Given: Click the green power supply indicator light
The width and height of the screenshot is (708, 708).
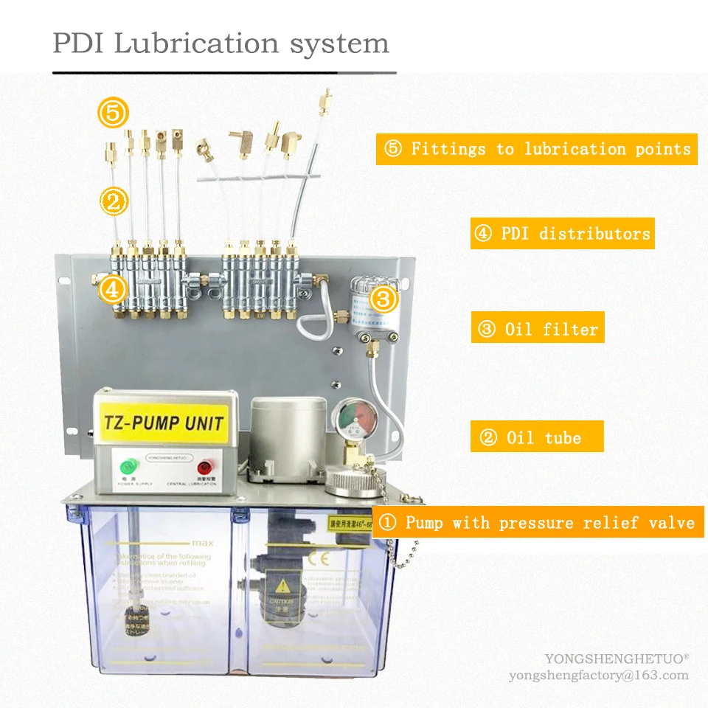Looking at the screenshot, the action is point(128,466).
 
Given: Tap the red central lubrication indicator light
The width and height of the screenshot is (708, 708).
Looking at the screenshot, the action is point(204,467).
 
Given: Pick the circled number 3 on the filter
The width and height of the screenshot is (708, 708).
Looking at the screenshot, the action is point(383,299).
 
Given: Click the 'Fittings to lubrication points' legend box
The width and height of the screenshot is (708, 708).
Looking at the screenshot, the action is point(536,149).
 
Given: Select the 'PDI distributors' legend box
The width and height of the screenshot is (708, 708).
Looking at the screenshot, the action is point(562,234).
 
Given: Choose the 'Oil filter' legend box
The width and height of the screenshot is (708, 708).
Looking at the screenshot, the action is point(538,328).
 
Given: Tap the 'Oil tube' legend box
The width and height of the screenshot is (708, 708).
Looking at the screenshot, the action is point(537,437).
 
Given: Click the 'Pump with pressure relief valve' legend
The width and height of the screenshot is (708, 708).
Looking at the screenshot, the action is point(538,523).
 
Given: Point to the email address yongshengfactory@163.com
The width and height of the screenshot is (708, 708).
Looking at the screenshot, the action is point(598,675).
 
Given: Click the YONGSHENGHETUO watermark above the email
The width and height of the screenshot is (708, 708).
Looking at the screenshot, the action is point(617,658).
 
